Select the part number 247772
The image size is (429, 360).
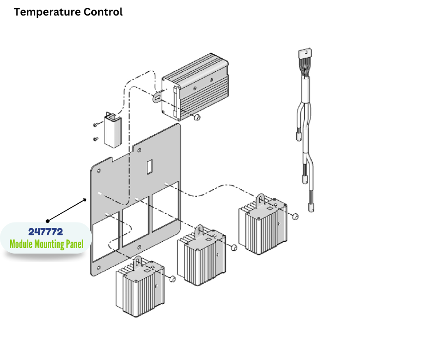(x=46, y=232)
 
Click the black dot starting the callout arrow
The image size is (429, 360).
(x=47, y=221)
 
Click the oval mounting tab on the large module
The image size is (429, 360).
(x=158, y=97)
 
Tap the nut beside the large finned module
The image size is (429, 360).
(x=196, y=118)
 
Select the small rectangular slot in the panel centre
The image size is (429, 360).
(x=149, y=167)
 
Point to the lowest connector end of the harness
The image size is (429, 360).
(x=312, y=207)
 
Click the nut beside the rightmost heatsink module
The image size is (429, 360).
(x=295, y=215)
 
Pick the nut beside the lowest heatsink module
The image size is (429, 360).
(x=173, y=278)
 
